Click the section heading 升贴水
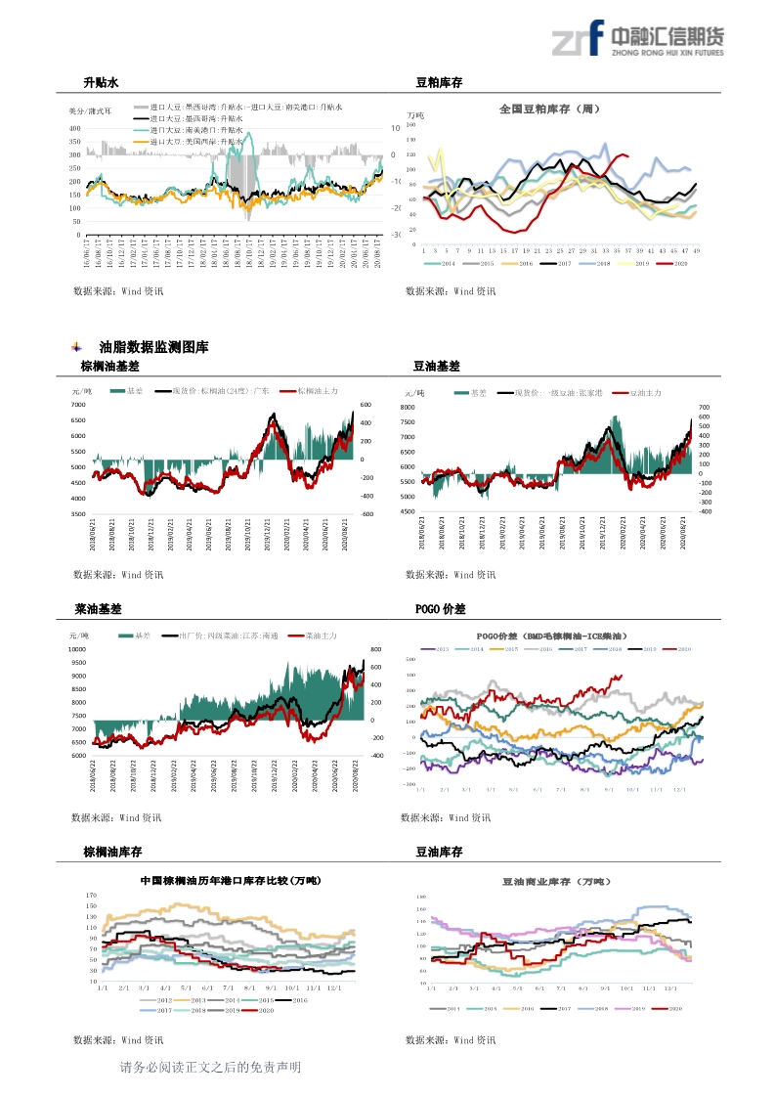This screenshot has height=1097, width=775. pyautogui.click(x=101, y=83)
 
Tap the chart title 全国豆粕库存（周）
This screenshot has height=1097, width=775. pyautogui.click(x=549, y=110)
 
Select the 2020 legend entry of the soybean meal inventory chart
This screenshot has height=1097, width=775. pyautogui.click(x=677, y=263)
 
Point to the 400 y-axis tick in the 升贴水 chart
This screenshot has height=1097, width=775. pyautogui.click(x=75, y=128)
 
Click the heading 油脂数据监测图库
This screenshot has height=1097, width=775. pyautogui.click(x=153, y=347)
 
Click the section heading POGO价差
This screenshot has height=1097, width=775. pyautogui.click(x=441, y=608)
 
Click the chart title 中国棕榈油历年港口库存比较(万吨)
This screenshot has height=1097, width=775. pyautogui.click(x=230, y=881)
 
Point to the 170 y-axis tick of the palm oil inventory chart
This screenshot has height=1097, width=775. pyautogui.click(x=91, y=896)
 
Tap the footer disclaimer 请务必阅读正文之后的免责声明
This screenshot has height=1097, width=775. pyautogui.click(x=209, y=1068)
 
